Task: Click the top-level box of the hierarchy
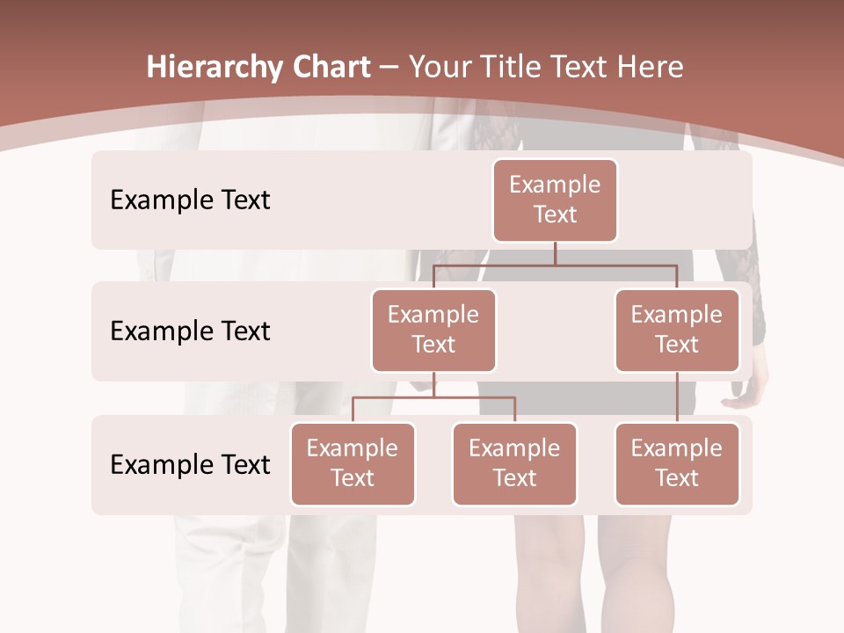555,200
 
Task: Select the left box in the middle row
433,331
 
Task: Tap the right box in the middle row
677,331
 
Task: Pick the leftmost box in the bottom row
353,464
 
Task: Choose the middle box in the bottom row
514,464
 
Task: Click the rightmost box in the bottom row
677,464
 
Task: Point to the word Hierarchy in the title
215,67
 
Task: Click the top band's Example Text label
190,200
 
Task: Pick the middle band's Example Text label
190,331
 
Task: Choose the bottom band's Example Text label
190,465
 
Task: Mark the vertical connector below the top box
555,253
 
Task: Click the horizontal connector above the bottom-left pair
433,397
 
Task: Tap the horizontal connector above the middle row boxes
555,264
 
